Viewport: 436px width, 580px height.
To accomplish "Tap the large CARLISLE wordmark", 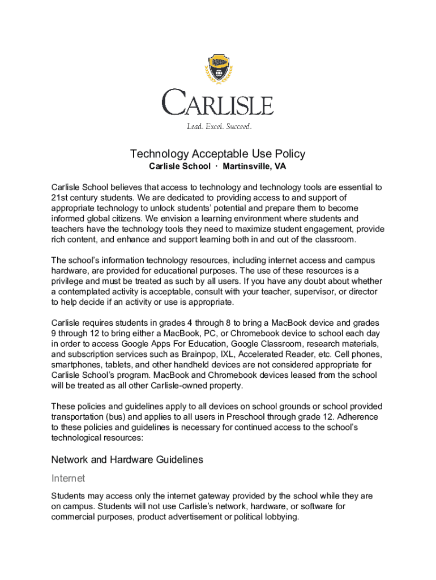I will [218, 103].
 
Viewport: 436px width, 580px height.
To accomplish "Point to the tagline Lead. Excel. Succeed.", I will [219, 126].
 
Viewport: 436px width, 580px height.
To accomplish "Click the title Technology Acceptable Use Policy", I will [218, 153].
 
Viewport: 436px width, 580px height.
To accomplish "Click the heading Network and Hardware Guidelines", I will [127, 460].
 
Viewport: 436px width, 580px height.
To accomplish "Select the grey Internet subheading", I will [68, 479].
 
